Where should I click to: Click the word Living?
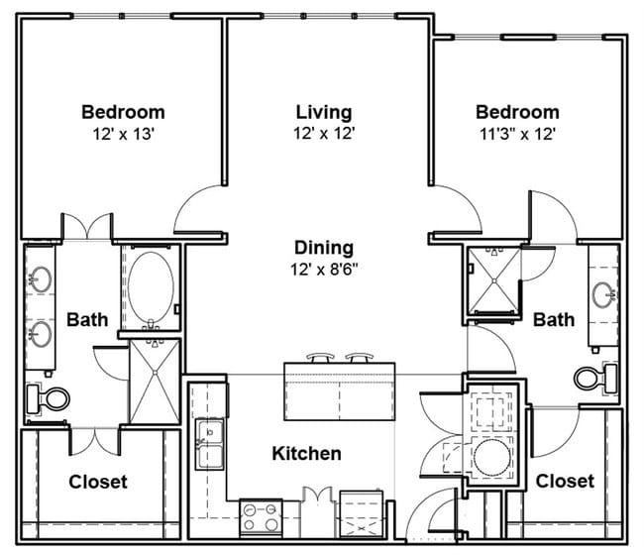323,112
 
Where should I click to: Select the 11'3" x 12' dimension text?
516,133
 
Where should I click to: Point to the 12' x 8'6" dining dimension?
324,268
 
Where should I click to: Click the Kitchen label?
307,454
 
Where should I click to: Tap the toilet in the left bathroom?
49,398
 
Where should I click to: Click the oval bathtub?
151,288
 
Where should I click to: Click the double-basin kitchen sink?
209,445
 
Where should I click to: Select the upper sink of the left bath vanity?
41,280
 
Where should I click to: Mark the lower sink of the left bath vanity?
41,332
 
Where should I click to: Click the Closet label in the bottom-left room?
98,482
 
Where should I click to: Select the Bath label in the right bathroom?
553,319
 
